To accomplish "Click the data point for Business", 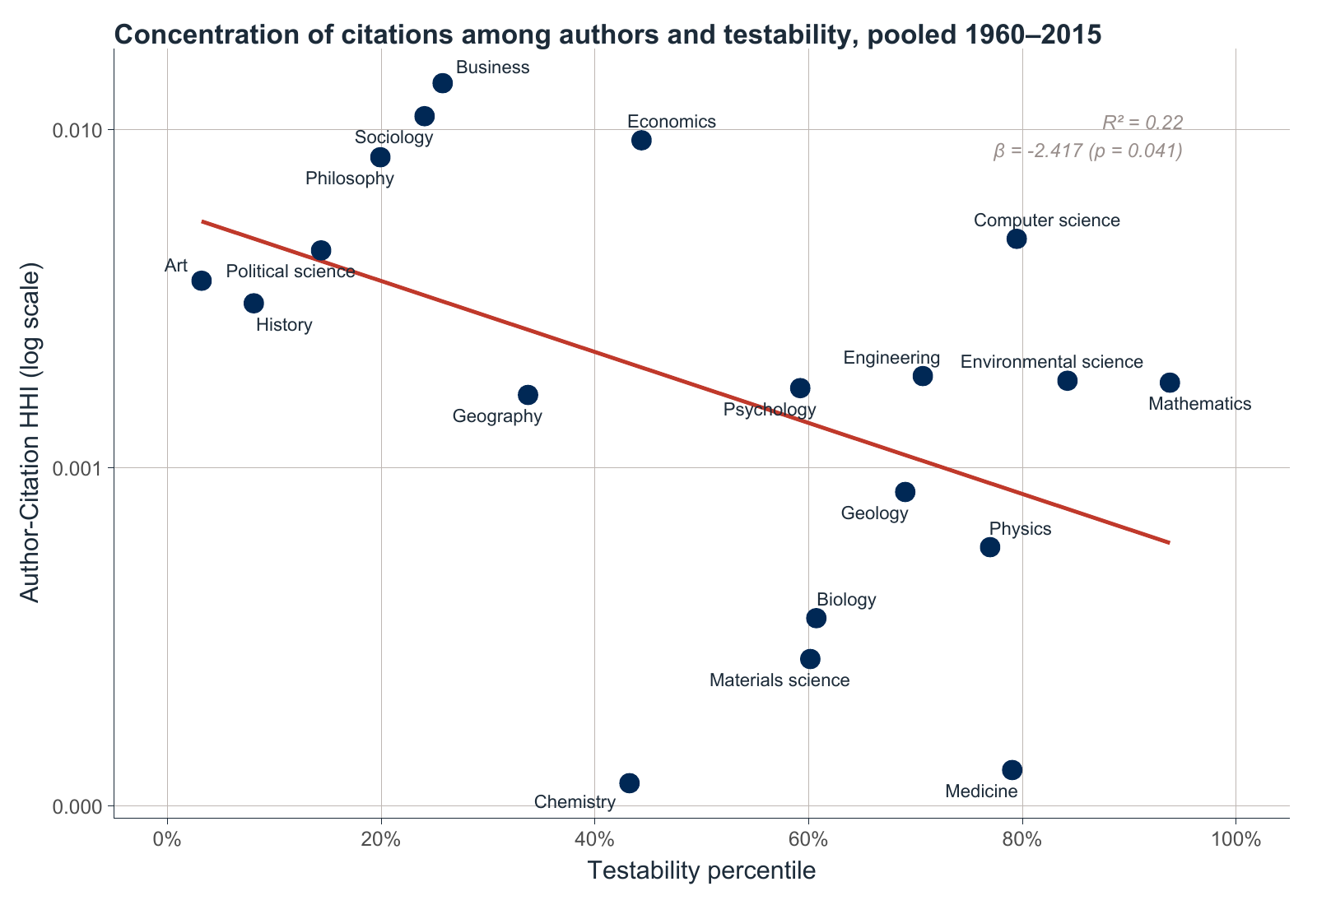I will click(442, 83).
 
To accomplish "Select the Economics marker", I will click(641, 140).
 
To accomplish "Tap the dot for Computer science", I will click(1017, 239).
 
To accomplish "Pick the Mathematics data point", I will click(1170, 383).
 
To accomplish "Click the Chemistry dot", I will click(629, 782).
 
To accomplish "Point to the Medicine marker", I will click(1012, 770).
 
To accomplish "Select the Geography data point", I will click(528, 395).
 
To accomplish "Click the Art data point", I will click(202, 281).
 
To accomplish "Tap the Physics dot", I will click(990, 547).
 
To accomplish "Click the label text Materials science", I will click(779, 680).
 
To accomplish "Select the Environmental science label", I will click(1051, 362).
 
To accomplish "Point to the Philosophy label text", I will click(350, 179).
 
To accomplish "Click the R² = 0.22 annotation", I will click(1142, 123).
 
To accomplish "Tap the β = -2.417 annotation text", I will click(1087, 151).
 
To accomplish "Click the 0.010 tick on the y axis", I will click(80, 130).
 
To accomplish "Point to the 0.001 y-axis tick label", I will click(80, 468).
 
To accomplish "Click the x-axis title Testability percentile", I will click(701, 871).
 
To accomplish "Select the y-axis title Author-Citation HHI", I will click(30, 433).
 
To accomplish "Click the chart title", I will click(607, 35).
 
